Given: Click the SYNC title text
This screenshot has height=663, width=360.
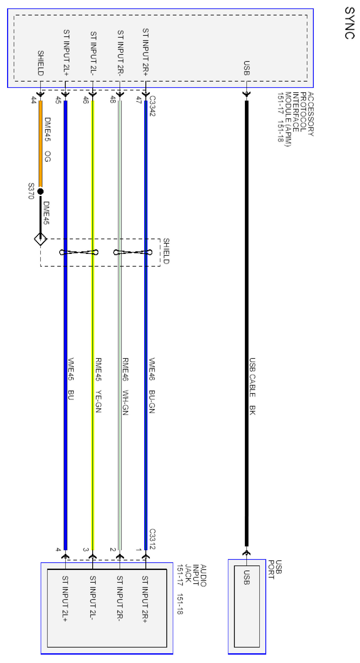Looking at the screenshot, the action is click(350, 23).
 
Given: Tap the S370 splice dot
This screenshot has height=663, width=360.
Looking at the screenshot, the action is click(40, 191).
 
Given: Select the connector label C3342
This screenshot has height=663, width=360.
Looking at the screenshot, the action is click(152, 106).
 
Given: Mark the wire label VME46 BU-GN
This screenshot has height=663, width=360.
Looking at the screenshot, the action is click(152, 385).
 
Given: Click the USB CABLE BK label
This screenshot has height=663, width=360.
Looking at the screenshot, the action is click(252, 386).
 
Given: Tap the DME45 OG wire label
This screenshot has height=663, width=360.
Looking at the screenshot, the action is click(47, 140).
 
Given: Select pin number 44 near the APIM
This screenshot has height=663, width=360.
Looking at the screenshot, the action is click(33, 100).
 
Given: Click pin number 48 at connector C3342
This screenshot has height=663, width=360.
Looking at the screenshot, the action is click(113, 100).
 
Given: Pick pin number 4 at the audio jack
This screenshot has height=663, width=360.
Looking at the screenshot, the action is click(58, 550).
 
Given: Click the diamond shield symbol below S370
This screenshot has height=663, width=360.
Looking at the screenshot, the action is click(40, 239).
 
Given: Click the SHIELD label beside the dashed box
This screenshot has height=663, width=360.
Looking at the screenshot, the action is click(166, 251).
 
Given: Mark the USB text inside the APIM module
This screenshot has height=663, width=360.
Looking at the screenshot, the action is click(246, 68).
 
